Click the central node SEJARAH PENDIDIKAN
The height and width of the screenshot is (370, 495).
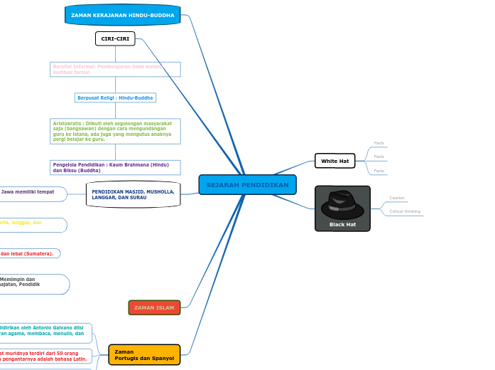click(247, 185)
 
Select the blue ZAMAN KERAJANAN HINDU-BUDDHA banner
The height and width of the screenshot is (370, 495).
click(122, 15)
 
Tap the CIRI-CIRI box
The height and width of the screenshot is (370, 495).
click(115, 38)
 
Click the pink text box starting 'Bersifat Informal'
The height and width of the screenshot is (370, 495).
click(115, 69)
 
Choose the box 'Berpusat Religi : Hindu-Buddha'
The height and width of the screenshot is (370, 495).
click(115, 97)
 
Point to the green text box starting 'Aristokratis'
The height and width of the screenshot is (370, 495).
click(115, 131)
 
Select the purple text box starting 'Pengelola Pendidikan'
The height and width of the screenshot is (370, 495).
click(115, 167)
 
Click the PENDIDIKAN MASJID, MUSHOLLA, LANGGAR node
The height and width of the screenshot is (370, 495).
click(133, 194)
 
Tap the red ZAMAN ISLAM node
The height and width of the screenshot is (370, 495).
click(154, 307)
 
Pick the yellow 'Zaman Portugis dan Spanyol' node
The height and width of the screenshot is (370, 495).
click(144, 354)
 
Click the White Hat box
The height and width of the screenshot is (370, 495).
click(334, 161)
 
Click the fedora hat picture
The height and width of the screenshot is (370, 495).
click(342, 204)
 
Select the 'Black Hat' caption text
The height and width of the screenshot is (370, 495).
click(342, 225)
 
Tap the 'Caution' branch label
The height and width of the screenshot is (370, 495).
click(397, 198)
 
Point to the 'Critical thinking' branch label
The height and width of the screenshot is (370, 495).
click(405, 211)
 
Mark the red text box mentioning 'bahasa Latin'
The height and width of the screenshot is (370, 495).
click(44, 356)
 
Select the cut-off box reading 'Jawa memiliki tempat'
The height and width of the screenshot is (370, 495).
click(32, 194)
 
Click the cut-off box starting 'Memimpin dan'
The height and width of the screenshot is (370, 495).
click(32, 283)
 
